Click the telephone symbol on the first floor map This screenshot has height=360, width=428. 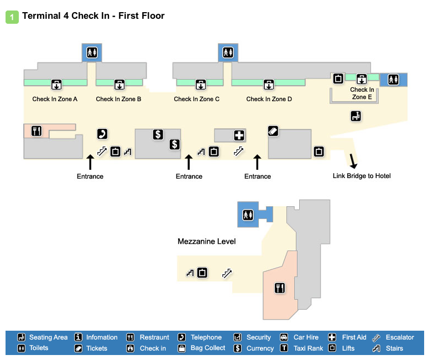tap(102, 133)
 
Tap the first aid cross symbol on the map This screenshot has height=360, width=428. tap(239, 135)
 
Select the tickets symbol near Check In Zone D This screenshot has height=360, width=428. tap(273, 131)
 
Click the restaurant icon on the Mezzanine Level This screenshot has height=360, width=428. tap(279, 288)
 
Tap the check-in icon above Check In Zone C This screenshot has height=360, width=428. tap(200, 85)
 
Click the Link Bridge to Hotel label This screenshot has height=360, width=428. tap(362, 176)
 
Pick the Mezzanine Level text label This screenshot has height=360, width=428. tap(206, 242)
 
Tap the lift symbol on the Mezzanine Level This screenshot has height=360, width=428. tap(202, 272)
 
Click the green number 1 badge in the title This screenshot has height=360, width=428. tap(12, 17)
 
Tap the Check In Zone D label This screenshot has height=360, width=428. tap(269, 100)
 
